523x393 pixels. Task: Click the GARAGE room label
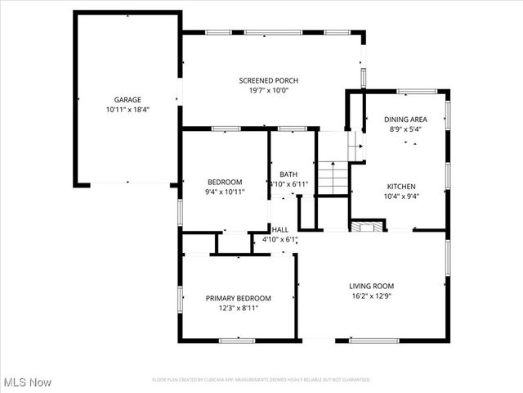click(127, 100)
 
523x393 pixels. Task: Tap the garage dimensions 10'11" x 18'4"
click(127, 109)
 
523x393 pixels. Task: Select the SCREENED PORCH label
click(268, 80)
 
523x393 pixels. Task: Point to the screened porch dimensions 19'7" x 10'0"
click(268, 90)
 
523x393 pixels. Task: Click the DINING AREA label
click(405, 120)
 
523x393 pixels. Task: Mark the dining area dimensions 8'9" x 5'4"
click(405, 129)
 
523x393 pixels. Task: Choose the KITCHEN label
click(401, 186)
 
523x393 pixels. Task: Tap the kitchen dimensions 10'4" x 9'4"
click(401, 196)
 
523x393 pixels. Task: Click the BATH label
click(288, 174)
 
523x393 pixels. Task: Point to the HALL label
click(279, 230)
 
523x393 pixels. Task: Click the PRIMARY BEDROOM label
click(238, 298)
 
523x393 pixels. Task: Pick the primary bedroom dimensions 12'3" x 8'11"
click(238, 309)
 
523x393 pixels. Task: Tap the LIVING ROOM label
click(372, 286)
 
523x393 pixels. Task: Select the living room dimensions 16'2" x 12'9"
click(372, 296)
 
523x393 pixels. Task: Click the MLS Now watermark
click(28, 382)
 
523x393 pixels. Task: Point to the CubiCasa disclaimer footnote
click(261, 380)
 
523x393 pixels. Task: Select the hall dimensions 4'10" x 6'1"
click(279, 240)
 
